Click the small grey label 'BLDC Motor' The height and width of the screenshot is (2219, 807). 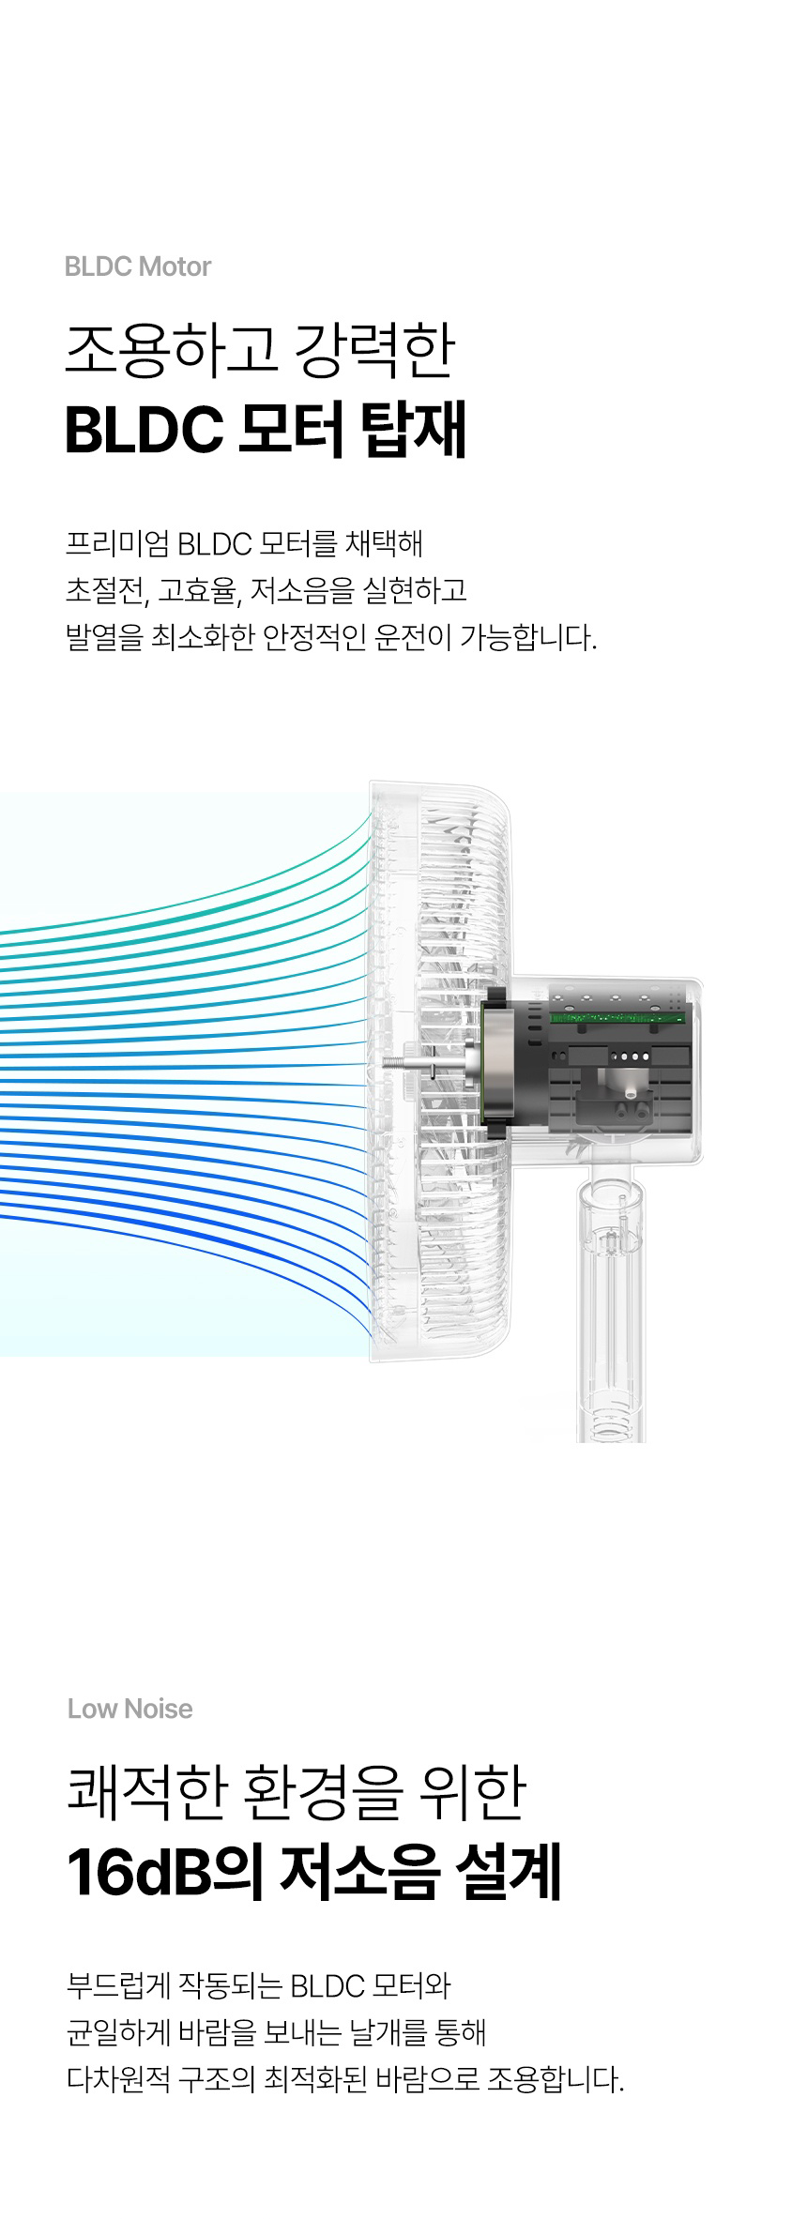pos(138,266)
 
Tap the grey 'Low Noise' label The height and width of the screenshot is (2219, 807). pos(129,1709)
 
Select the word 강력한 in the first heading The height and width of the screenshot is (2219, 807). pos(373,351)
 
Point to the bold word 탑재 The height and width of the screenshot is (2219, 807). pos(413,432)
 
